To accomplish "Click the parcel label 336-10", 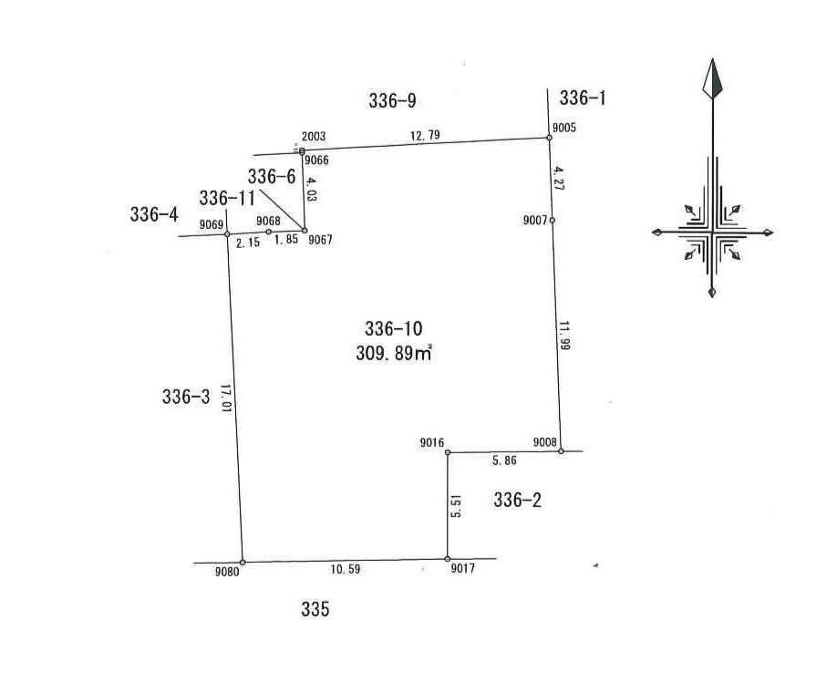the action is point(393,329).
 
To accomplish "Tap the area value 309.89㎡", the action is point(393,354).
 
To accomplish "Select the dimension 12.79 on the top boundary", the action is point(425,135).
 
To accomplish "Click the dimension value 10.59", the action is point(346,569).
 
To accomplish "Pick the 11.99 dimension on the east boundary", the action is point(564,335).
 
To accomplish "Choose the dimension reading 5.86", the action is point(504,461).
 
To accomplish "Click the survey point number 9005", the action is point(564,128).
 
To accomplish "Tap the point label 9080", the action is point(227,573).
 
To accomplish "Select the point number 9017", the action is point(462,569).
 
